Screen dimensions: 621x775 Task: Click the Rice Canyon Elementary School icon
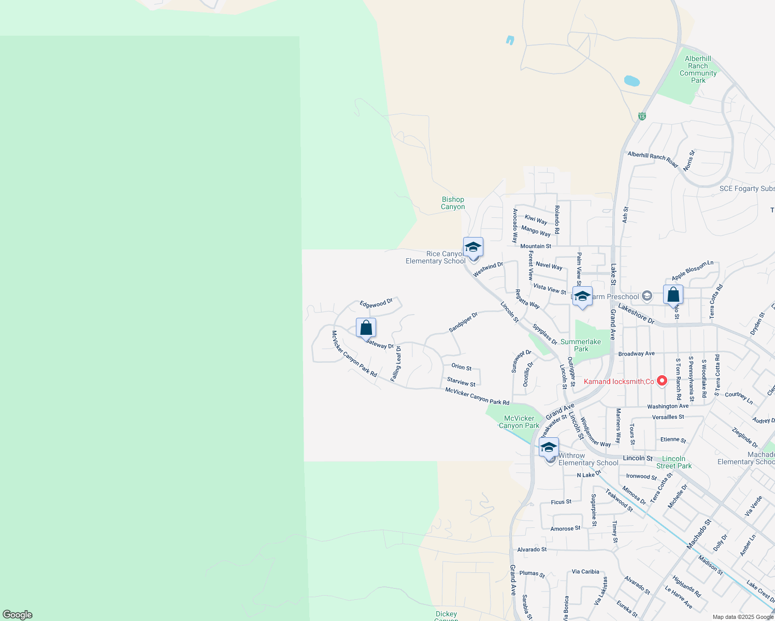(x=473, y=247)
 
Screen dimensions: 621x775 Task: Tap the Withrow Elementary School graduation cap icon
(x=549, y=448)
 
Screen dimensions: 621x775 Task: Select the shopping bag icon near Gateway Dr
(x=366, y=328)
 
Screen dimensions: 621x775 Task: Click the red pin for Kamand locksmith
(x=662, y=381)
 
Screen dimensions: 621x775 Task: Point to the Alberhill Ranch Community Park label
(x=698, y=70)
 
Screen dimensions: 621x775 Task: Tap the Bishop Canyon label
(x=453, y=203)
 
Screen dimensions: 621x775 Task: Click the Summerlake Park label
(x=581, y=345)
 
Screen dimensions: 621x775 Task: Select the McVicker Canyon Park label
(x=519, y=422)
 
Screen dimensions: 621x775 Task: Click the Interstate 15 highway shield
(x=642, y=116)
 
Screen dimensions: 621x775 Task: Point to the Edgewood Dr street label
(x=376, y=304)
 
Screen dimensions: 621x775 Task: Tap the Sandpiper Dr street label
(x=463, y=322)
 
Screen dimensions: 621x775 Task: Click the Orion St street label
(x=461, y=367)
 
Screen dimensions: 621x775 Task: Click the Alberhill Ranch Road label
(x=652, y=159)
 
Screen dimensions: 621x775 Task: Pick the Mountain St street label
(x=536, y=246)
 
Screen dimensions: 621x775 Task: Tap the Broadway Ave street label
(x=636, y=354)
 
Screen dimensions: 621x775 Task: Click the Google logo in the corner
(x=18, y=615)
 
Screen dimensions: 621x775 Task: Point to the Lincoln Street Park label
(x=673, y=462)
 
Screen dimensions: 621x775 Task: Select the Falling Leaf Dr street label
(x=396, y=364)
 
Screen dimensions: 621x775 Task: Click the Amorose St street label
(x=565, y=529)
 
